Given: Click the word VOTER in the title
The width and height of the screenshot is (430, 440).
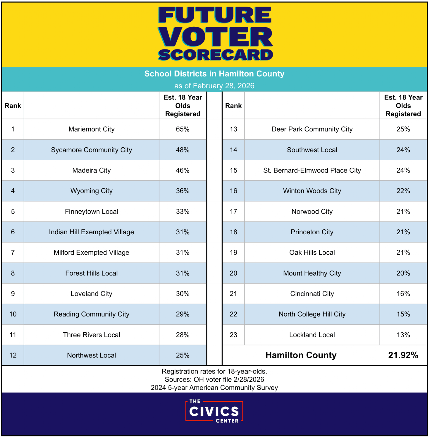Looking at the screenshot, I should coord(215,37).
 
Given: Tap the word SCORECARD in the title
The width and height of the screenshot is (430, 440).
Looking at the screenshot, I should coord(215,55).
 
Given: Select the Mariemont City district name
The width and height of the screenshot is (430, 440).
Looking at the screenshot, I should coord(91,129).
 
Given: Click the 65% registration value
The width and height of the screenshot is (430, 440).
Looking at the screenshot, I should coord(183,129).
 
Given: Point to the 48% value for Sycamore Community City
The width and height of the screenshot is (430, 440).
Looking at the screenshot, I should coord(183,150).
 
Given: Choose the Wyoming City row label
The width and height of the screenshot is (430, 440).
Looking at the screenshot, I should coord(91,191).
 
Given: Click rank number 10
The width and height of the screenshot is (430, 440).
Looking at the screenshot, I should coord(13,314).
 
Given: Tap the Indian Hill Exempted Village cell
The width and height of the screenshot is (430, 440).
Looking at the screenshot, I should coord(91,232).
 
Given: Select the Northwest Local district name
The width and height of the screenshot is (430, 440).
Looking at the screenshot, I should coord(91,355).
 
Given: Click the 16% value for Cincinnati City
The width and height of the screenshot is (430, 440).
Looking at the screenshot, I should coord(403,294).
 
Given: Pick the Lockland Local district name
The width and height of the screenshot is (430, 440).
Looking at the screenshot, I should coord(312,335).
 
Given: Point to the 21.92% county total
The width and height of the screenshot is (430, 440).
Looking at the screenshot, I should coord(403,355).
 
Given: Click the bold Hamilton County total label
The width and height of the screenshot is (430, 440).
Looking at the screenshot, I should coord(301,355).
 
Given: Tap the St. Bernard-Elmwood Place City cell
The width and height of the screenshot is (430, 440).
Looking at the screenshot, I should coord(312,170).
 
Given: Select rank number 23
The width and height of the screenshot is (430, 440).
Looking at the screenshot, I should coord(233,335).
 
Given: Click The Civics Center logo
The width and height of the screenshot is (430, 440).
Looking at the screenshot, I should coord(214,411).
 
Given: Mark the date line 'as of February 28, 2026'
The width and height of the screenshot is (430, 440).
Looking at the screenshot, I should coord(214,86).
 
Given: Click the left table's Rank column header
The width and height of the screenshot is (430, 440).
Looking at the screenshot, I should coord(13,106).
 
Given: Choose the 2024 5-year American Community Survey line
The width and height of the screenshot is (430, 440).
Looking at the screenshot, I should coord(214,388).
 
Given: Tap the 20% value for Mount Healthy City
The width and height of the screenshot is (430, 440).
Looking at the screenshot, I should coord(403,273).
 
